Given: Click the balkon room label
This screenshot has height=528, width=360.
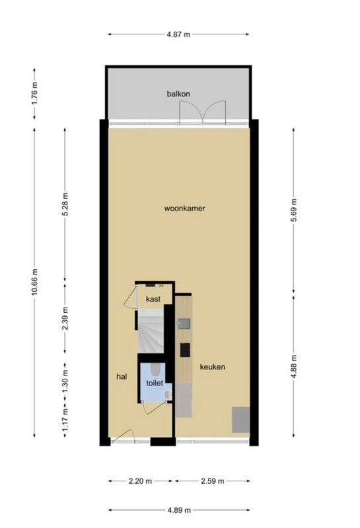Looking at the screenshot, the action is pos(178,94).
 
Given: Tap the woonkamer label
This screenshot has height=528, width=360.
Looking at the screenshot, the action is pos(185,209).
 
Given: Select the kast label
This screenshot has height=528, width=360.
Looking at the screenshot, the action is pos(153,299).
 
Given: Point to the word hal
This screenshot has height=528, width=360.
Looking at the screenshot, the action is pos(122,376).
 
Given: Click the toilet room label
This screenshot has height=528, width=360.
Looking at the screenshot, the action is pos(155,383).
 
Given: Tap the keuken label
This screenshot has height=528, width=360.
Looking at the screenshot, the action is pos(212,367).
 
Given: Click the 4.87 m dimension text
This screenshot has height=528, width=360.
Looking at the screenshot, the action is pos(178,34).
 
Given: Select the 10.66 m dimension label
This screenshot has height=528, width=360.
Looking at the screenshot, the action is pos(35,282).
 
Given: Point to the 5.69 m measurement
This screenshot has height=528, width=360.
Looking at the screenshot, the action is pos(294,210).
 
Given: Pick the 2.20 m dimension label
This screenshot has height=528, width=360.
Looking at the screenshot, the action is pos(140,481).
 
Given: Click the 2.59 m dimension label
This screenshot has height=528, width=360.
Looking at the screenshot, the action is pos(212,481).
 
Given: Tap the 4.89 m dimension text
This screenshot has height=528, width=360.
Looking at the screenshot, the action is pos(179,510).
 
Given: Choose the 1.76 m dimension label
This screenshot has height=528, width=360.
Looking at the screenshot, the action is pos(35,93).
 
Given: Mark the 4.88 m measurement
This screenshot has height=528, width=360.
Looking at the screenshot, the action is pos(294,366).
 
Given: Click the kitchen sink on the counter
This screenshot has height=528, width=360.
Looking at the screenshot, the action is pos(184,323).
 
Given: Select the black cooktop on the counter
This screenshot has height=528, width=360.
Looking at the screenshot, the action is pos(185,350).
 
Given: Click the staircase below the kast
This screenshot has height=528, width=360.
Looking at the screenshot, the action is pos(151,331).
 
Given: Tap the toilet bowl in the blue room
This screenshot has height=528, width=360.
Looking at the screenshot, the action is pos(156,369).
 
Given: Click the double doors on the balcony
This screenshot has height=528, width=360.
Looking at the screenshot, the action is pos(202,112).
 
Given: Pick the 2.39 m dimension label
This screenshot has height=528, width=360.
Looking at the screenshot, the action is pos(65,318).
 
